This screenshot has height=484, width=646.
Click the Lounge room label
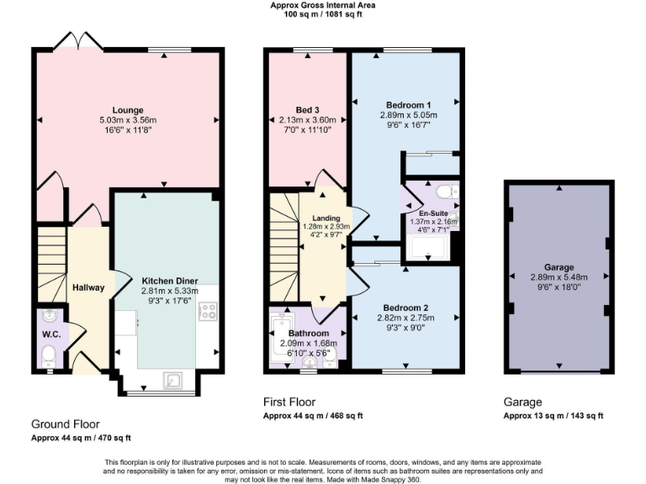tap(127, 109)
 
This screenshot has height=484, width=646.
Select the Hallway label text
tap(88, 287)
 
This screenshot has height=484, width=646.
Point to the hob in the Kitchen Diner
tap(208, 313)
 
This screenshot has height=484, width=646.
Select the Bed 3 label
tap(307, 110)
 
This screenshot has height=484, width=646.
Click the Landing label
tap(326, 218)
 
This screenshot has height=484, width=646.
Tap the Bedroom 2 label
tap(407, 308)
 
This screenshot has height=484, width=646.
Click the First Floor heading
tap(289, 402)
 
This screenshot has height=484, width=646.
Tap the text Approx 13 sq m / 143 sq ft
tap(553, 416)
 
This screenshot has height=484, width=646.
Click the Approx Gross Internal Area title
tap(323, 5)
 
